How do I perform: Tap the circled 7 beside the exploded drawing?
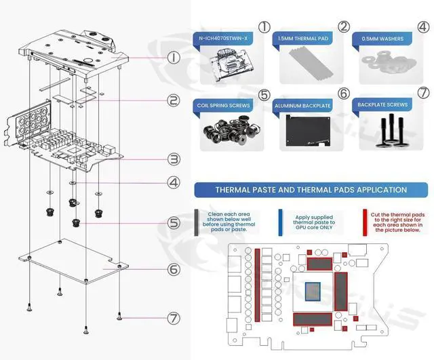174,317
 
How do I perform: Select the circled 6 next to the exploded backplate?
174,269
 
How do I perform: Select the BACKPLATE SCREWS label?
382,106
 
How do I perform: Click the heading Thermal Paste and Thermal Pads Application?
311,190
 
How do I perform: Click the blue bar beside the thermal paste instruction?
281,222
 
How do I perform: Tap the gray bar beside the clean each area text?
197,222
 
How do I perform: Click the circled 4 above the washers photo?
423,28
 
